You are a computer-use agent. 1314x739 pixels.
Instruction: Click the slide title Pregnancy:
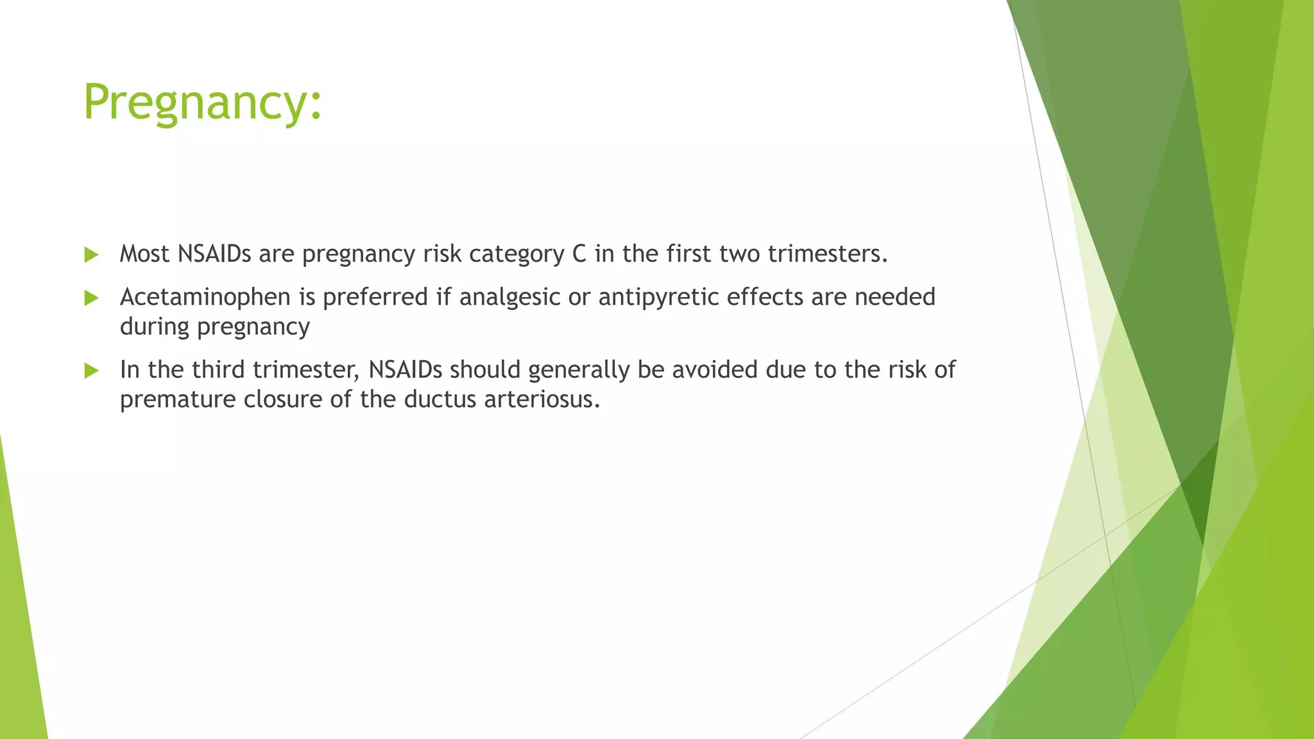pos(202,103)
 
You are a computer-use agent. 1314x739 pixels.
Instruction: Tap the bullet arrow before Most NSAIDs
pos(91,255)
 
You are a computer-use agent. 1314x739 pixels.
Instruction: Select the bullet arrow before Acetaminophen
pos(91,298)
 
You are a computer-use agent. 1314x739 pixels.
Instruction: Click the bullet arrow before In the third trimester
pos(91,371)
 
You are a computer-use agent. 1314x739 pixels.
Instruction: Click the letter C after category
pos(579,254)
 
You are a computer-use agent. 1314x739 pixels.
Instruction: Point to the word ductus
pos(439,400)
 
